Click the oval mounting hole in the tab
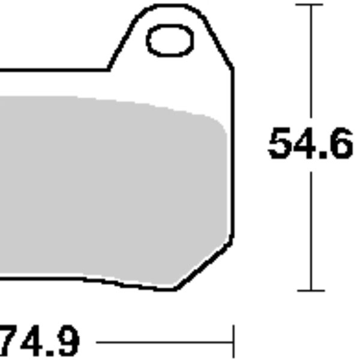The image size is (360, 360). tap(170, 41)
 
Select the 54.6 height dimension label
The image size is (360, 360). tap(310, 144)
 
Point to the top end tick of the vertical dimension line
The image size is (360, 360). tap(311, 5)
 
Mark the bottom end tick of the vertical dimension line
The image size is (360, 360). tap(311, 290)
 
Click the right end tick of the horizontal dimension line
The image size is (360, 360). tap(233, 343)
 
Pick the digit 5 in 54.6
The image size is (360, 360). tap(280, 144)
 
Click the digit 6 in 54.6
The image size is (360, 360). tap(339, 144)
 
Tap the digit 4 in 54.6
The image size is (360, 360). tap(305, 144)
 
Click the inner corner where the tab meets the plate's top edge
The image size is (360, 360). tap(109, 69)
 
